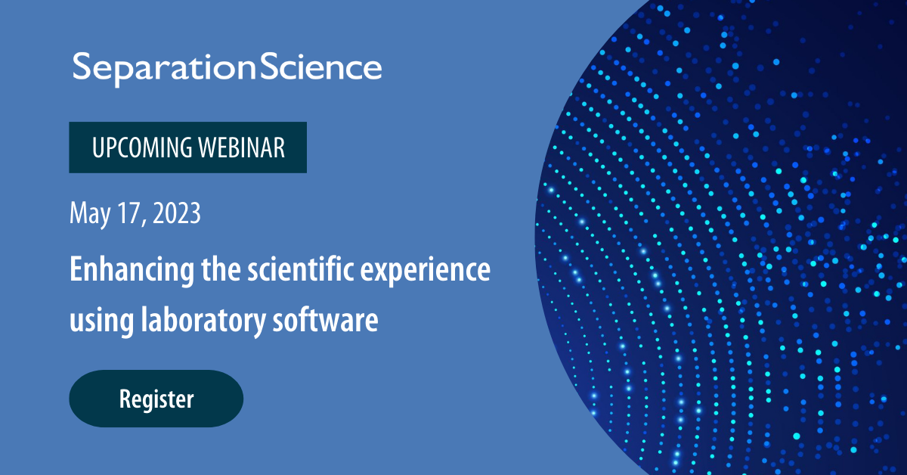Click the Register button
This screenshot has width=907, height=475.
[156, 399]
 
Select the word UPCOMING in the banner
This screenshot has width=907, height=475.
[141, 147]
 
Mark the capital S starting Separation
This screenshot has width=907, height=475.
[82, 67]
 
